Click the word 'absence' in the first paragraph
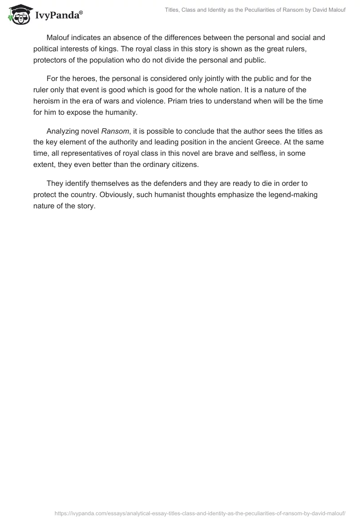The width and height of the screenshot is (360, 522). coord(128,38)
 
